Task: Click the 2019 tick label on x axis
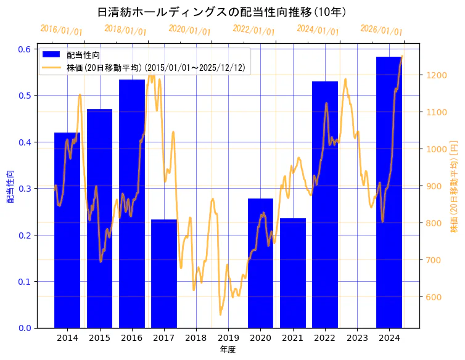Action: click(228, 338)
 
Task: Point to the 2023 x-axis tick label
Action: click(357, 338)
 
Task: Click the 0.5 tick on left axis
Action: click(24, 96)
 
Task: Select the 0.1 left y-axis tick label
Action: click(24, 282)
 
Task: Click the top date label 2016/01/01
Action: click(61, 31)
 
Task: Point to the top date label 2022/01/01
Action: click(253, 31)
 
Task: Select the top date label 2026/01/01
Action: click(381, 31)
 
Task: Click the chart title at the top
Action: click(222, 12)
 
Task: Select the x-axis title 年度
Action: click(228, 350)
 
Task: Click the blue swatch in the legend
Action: click(52, 55)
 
